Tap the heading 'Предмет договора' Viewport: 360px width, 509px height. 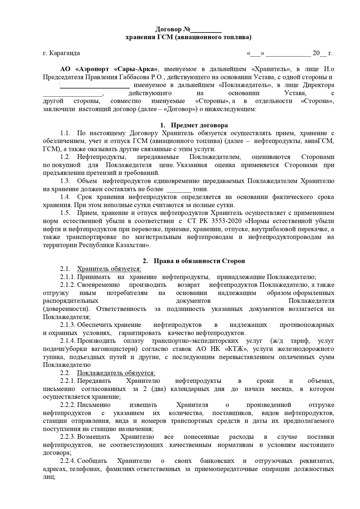199,125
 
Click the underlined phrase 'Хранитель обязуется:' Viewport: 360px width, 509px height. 109,269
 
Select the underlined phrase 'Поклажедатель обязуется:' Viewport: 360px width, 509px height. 116,373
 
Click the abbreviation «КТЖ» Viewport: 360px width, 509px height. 236,349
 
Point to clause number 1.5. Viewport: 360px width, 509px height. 65,213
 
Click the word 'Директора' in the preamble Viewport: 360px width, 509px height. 318,85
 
